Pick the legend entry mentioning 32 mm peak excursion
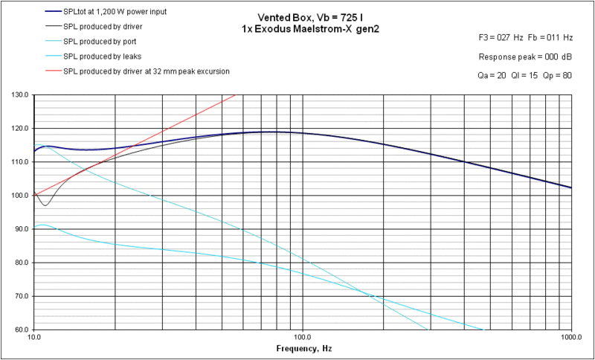point(147,71)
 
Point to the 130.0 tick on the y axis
point(20,95)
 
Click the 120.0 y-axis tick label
point(20,129)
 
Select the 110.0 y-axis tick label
point(20,162)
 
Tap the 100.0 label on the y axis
point(20,196)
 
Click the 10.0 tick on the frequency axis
point(33,337)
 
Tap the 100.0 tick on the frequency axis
point(302,337)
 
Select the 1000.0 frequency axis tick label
point(570,337)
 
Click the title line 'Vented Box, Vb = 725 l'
point(302,16)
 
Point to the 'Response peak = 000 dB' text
point(525,57)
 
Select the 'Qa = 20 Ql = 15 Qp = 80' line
point(525,76)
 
